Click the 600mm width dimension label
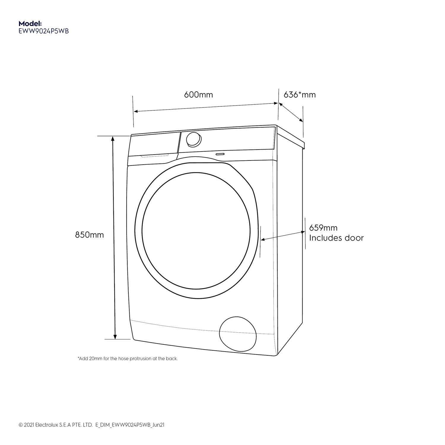(x=198, y=95)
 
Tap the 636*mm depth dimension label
(x=300, y=95)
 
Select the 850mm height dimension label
(x=90, y=235)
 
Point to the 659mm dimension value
(x=323, y=228)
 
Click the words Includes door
(x=336, y=238)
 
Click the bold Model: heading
(x=30, y=23)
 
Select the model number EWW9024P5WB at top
(x=44, y=31)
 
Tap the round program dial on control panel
(x=193, y=139)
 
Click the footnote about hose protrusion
(x=128, y=359)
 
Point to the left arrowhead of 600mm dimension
(x=136, y=111)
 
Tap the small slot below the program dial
(x=220, y=154)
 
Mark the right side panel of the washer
(x=289, y=237)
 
